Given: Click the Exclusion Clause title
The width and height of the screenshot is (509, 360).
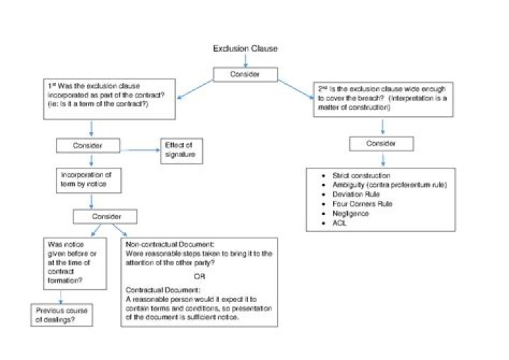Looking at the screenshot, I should [x=245, y=49].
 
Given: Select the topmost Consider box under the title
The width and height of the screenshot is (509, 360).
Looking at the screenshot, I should [x=245, y=74].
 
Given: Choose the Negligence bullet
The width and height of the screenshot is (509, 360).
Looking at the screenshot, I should [x=352, y=214].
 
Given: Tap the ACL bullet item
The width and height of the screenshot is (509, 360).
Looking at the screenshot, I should [x=340, y=223].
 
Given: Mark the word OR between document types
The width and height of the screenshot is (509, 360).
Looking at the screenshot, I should [x=199, y=276].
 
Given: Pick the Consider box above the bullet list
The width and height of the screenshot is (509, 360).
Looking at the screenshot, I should [x=382, y=144].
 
